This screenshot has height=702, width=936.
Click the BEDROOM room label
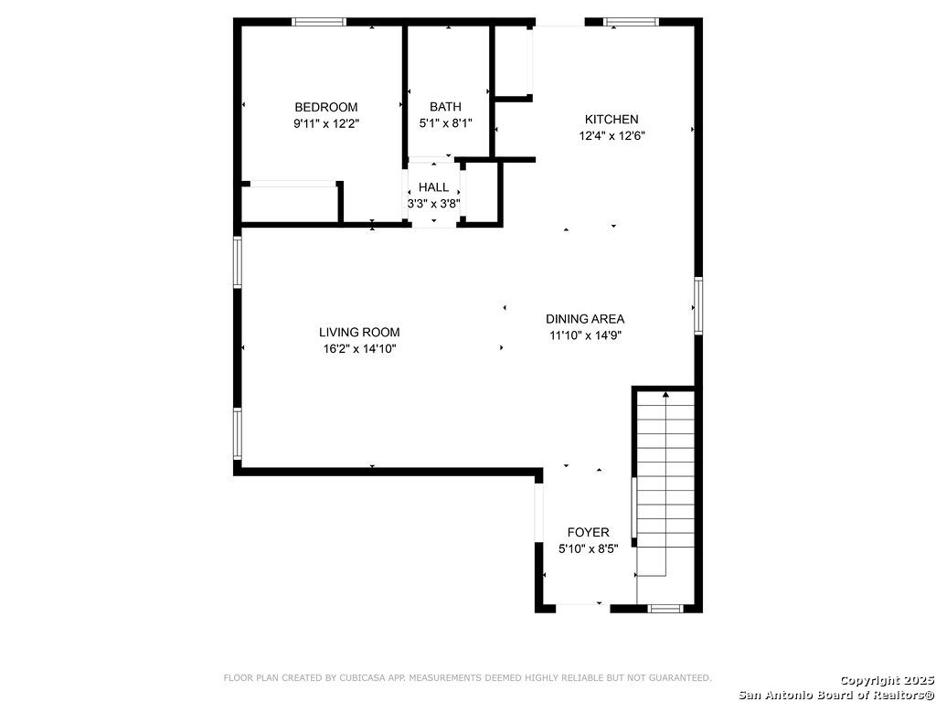tap(326, 108)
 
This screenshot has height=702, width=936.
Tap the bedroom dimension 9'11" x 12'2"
tap(326, 123)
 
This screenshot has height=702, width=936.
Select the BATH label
tap(445, 108)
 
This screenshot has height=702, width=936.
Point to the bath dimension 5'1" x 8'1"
tap(445, 123)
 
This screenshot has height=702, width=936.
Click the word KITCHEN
tap(612, 120)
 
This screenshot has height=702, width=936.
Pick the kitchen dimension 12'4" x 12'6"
tap(612, 135)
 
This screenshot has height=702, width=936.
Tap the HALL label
tap(433, 187)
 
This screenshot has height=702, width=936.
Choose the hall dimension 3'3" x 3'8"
tap(433, 204)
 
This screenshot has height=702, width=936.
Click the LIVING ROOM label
tap(359, 333)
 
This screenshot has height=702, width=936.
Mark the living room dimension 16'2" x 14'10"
tap(359, 348)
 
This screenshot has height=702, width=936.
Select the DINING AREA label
tap(585, 319)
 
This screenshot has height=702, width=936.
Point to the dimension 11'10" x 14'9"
tap(586, 335)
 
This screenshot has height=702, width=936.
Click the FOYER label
tap(589, 532)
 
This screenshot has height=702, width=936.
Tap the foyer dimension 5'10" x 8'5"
tap(589, 548)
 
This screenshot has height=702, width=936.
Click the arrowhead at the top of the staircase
tap(665, 394)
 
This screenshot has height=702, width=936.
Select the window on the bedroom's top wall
tap(319, 22)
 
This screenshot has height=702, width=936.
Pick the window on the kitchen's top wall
tap(631, 22)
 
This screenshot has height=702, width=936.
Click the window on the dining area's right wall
tap(698, 305)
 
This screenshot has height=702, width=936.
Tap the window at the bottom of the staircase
tap(665, 609)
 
